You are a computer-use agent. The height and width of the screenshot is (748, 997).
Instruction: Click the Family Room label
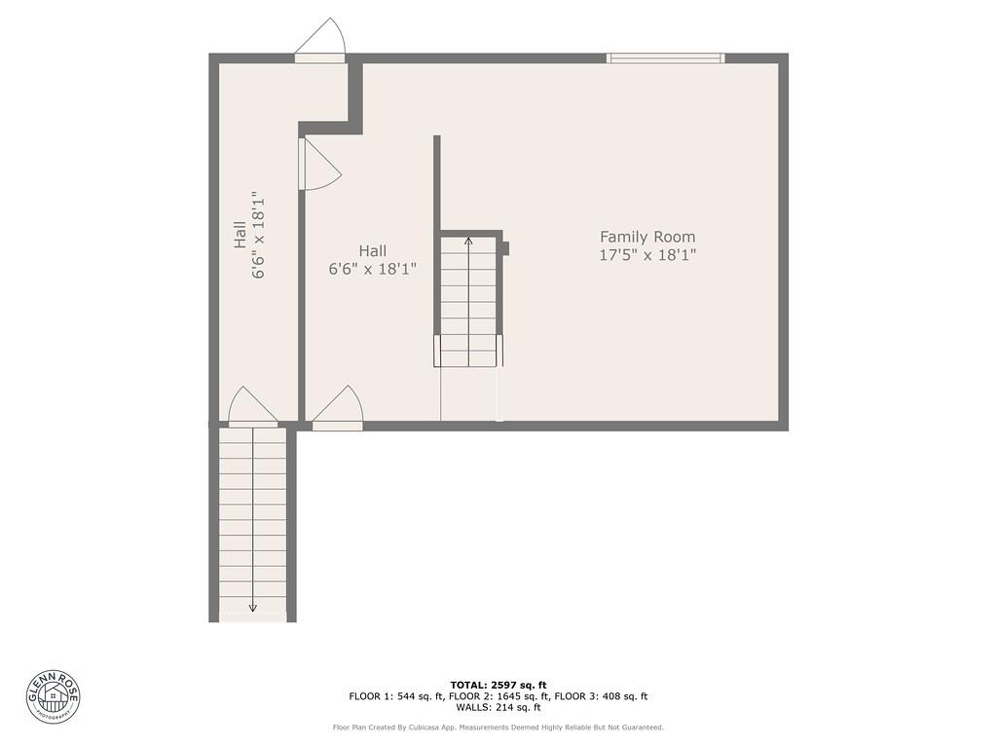click(647, 237)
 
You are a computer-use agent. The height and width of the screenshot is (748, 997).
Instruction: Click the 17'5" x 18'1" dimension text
click(647, 255)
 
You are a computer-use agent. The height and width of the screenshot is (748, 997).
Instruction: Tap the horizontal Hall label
click(372, 251)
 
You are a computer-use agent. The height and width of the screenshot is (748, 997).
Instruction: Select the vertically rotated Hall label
click(240, 234)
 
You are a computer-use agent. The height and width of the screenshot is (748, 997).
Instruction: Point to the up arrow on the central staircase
click(468, 240)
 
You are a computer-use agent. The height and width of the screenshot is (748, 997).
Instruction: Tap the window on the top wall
click(665, 58)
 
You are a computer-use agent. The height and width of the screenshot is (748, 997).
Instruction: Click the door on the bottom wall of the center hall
click(338, 409)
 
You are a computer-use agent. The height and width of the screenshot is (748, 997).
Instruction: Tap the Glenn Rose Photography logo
click(54, 695)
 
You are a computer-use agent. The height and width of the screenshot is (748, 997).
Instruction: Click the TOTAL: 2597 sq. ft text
click(498, 685)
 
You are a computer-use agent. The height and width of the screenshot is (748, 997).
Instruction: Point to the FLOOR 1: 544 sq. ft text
click(396, 696)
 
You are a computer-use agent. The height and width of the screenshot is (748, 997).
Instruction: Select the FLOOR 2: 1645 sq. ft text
click(498, 696)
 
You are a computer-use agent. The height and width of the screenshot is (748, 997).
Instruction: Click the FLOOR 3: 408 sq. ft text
click(602, 696)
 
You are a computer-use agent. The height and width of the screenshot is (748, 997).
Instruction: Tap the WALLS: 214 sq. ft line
click(498, 708)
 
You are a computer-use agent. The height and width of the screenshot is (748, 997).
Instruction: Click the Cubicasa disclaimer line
click(498, 728)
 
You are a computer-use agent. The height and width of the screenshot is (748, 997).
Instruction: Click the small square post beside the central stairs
click(505, 247)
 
